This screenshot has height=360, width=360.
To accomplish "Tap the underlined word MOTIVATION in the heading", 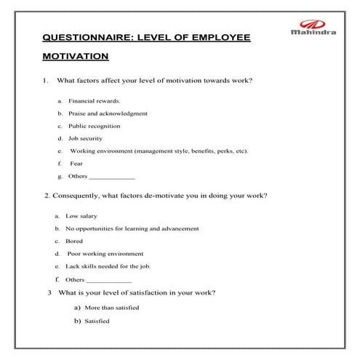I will [76, 56].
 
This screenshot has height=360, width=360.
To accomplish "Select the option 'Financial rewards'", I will [95, 101].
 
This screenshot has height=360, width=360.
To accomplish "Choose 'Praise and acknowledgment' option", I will [108, 113].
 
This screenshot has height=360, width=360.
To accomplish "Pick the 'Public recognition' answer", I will [95, 126].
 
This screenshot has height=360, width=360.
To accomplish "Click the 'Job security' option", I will [85, 138].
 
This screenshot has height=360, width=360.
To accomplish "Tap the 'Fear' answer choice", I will [76, 164].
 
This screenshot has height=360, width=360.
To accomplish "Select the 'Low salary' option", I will [81, 216].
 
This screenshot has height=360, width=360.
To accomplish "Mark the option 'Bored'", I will [74, 241].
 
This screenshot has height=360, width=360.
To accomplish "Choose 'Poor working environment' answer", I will [105, 254].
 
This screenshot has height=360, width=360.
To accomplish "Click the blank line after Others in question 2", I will [110, 281].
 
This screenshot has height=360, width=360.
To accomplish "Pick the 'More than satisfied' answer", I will [111, 308].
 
